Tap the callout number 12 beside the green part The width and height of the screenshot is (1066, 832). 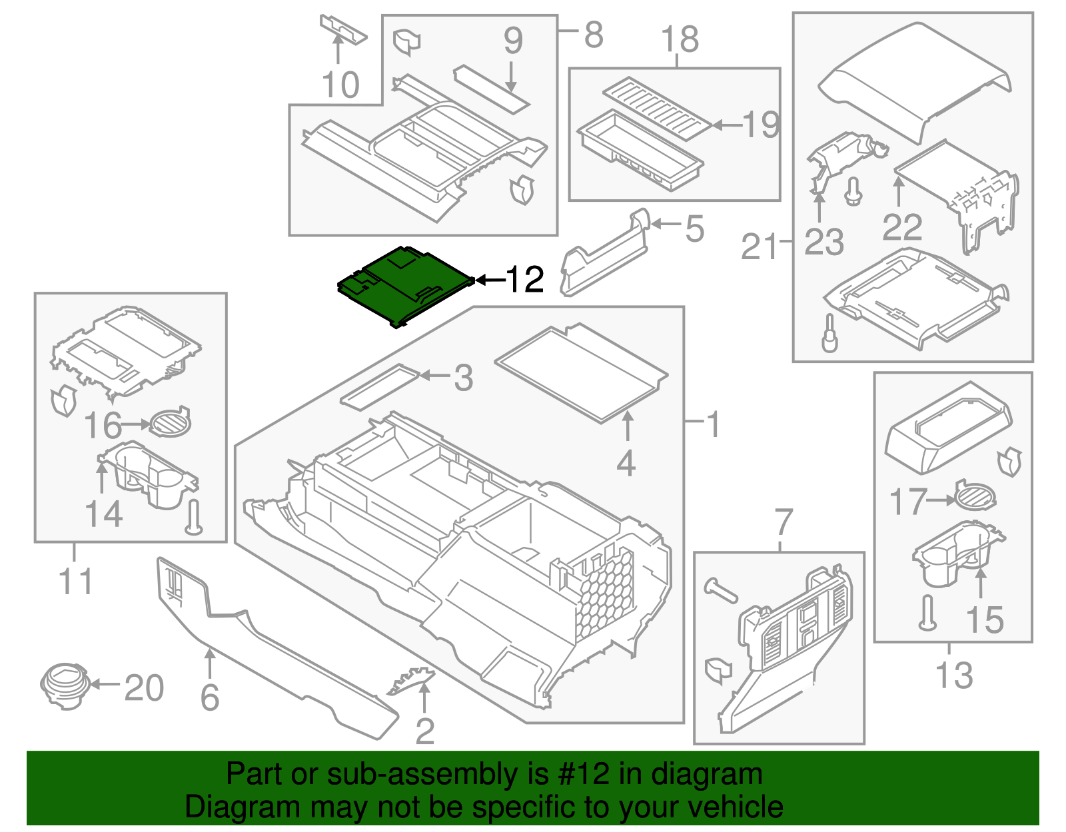pyautogui.click(x=525, y=280)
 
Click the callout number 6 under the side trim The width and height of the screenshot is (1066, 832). pyautogui.click(x=210, y=697)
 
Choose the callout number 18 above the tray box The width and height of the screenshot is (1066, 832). pyautogui.click(x=680, y=39)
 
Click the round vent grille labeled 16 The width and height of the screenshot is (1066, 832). pyautogui.click(x=169, y=422)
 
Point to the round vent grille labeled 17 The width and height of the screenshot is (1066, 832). pyautogui.click(x=975, y=496)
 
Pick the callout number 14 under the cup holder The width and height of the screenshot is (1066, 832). pyautogui.click(x=104, y=514)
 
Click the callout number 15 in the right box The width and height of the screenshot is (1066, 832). pyautogui.click(x=984, y=620)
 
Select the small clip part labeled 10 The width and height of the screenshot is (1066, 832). pyautogui.click(x=342, y=29)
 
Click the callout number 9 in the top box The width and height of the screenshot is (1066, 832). pyautogui.click(x=512, y=41)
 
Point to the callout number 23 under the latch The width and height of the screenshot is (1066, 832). pyautogui.click(x=823, y=242)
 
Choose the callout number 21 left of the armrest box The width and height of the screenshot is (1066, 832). pyautogui.click(x=760, y=247)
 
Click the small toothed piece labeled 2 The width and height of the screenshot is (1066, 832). pyautogui.click(x=411, y=679)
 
